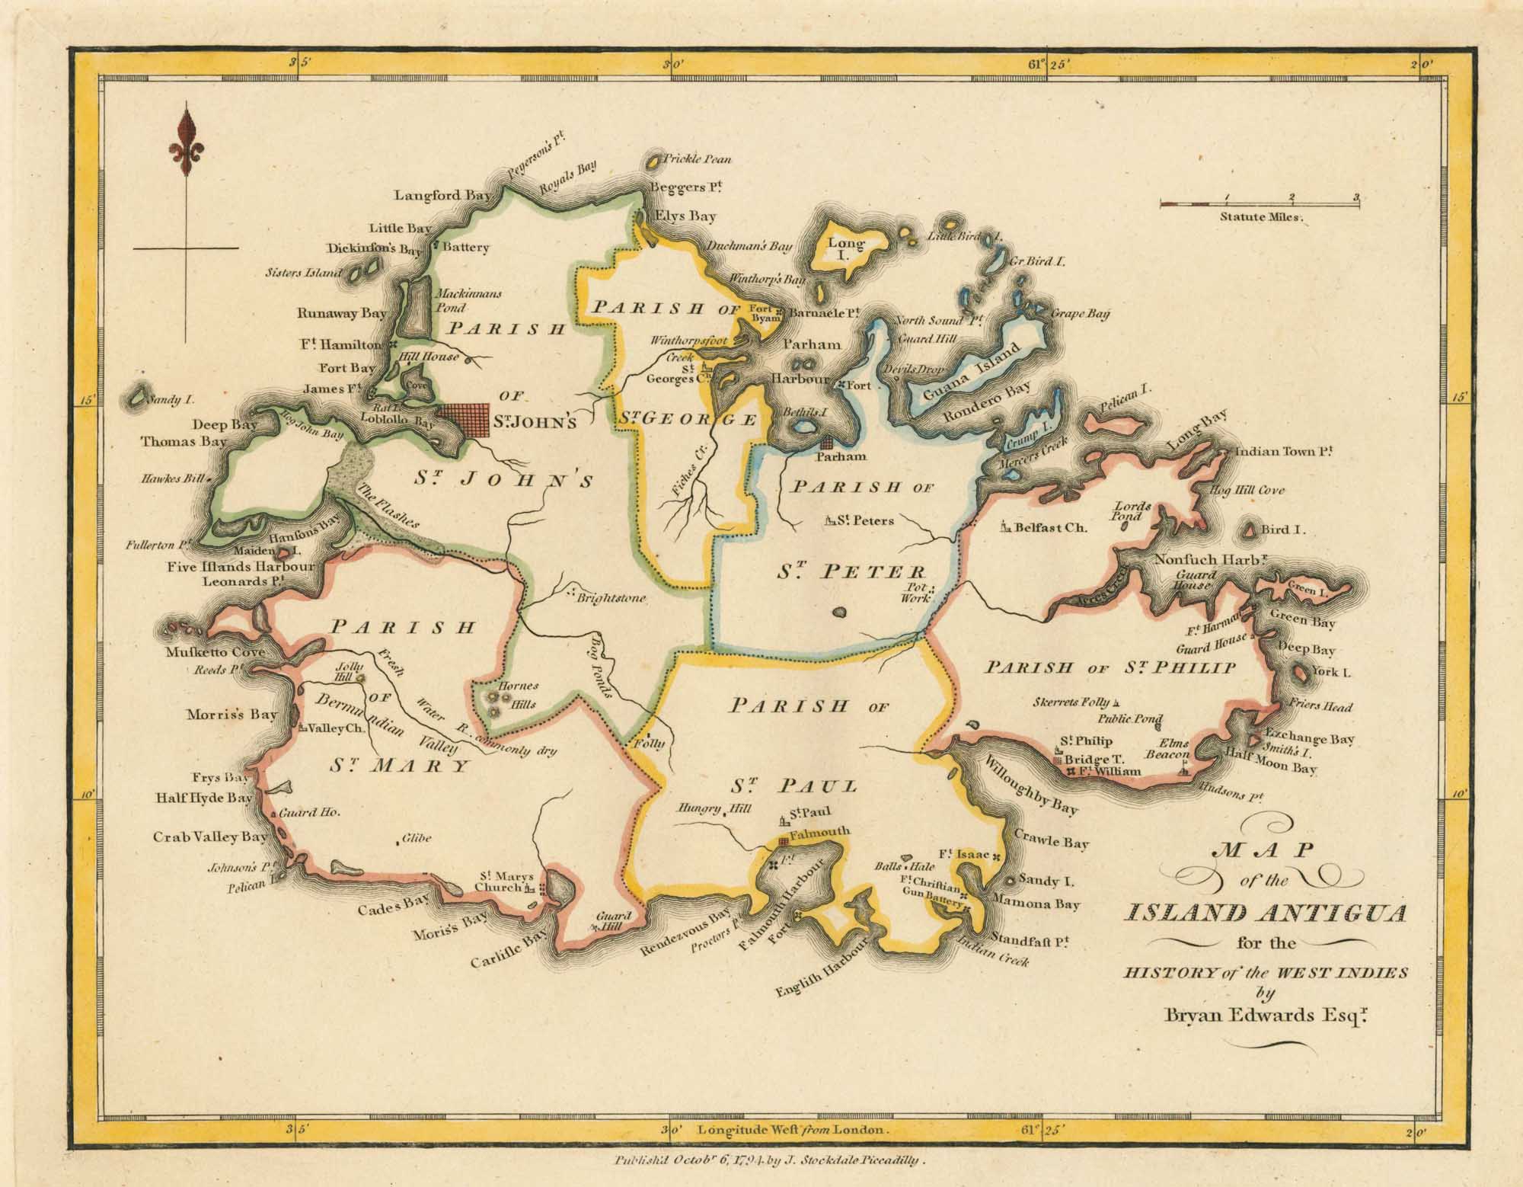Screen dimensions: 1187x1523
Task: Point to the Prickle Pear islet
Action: point(654,161)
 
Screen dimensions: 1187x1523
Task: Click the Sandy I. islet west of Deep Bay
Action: point(138,397)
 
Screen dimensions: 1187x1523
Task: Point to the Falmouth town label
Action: point(819,833)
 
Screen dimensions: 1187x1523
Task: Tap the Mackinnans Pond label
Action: point(467,300)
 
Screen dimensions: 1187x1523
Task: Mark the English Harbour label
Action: point(822,968)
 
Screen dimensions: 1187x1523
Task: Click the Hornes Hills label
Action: point(518,695)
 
